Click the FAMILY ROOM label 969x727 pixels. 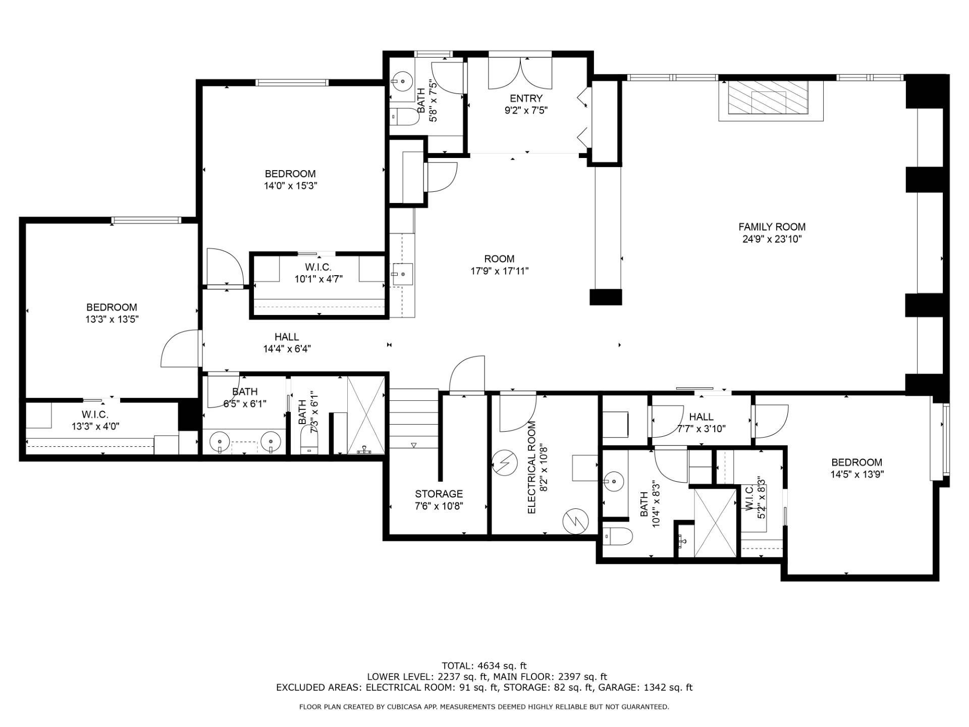click(x=772, y=227)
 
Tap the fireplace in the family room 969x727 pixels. click(x=771, y=101)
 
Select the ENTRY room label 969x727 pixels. click(x=526, y=98)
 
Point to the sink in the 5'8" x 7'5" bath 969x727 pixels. click(x=403, y=80)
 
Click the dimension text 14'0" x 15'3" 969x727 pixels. click(x=290, y=186)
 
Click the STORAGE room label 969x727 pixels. click(x=439, y=494)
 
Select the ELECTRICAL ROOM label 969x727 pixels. click(x=531, y=468)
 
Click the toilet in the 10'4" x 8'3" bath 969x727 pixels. click(x=617, y=536)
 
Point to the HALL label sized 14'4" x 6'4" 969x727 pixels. click(x=286, y=337)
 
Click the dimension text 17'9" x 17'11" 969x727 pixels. click(x=500, y=271)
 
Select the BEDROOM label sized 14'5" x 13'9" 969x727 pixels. click(x=857, y=462)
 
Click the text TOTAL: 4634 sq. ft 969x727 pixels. click(x=484, y=666)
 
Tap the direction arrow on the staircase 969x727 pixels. click(x=414, y=445)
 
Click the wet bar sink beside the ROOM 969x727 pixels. click(x=402, y=274)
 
